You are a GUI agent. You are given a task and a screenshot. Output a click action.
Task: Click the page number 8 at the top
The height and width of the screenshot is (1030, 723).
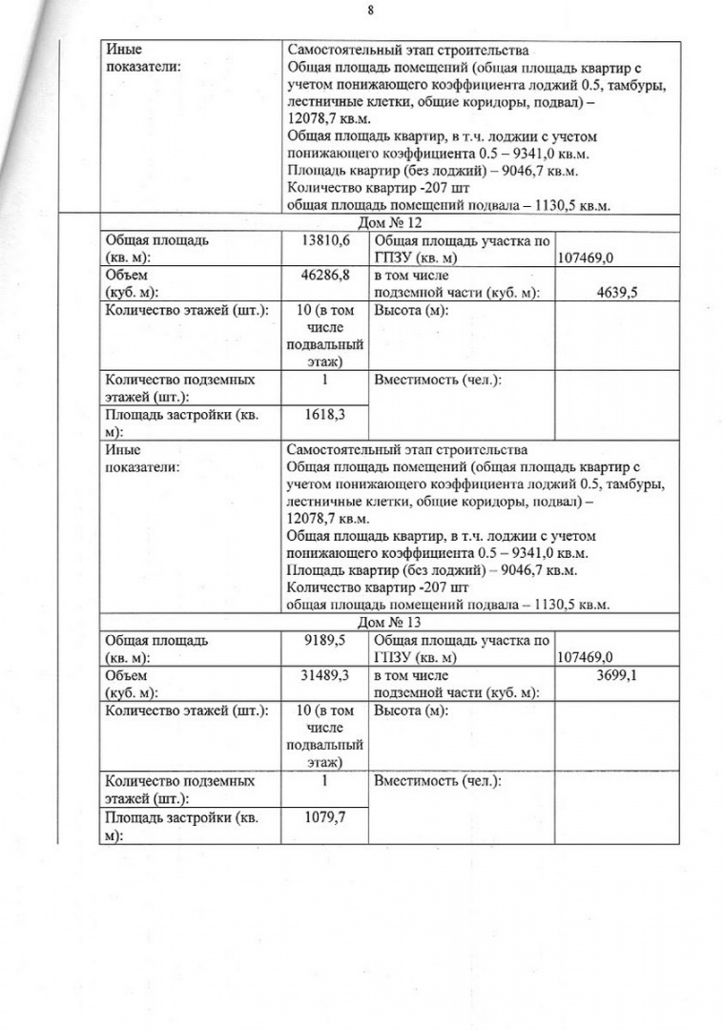click(369, 10)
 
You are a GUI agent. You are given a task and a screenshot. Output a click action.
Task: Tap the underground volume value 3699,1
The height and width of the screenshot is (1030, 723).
click(609, 675)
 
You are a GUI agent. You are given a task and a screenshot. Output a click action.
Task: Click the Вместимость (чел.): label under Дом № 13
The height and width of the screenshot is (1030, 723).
click(438, 781)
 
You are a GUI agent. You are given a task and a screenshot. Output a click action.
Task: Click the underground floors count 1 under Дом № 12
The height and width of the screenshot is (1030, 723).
click(325, 380)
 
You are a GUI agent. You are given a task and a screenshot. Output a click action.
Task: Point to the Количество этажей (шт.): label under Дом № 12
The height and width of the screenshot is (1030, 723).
click(186, 311)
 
